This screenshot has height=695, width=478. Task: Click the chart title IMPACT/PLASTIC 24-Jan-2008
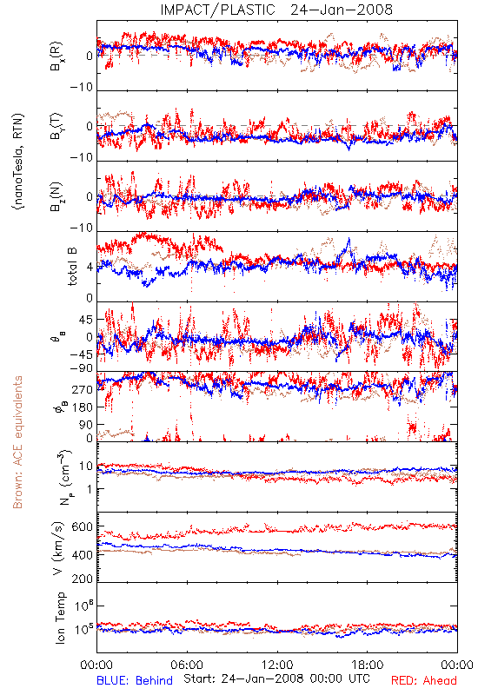[276, 10]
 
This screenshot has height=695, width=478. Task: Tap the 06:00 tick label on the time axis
[187, 665]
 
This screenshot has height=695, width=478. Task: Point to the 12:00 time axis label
[277, 665]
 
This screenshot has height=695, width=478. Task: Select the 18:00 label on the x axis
[368, 665]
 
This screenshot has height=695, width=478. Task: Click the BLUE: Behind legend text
[135, 680]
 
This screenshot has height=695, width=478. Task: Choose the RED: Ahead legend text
[423, 680]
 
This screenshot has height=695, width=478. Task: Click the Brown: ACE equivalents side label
[17, 442]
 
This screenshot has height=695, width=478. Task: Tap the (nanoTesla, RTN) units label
[18, 162]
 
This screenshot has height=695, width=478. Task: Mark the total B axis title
[72, 267]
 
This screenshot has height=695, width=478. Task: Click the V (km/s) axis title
[58, 548]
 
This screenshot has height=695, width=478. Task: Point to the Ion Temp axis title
[60, 618]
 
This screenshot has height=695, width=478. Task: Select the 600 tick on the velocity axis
[82, 527]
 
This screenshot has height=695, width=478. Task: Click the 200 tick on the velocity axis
[82, 579]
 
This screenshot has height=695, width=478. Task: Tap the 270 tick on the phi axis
[82, 389]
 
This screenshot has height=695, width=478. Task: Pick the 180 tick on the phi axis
[82, 407]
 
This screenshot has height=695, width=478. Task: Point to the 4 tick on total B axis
[90, 268]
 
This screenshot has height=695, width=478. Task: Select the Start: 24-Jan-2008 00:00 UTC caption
[276, 678]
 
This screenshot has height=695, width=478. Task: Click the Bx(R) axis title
[56, 56]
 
